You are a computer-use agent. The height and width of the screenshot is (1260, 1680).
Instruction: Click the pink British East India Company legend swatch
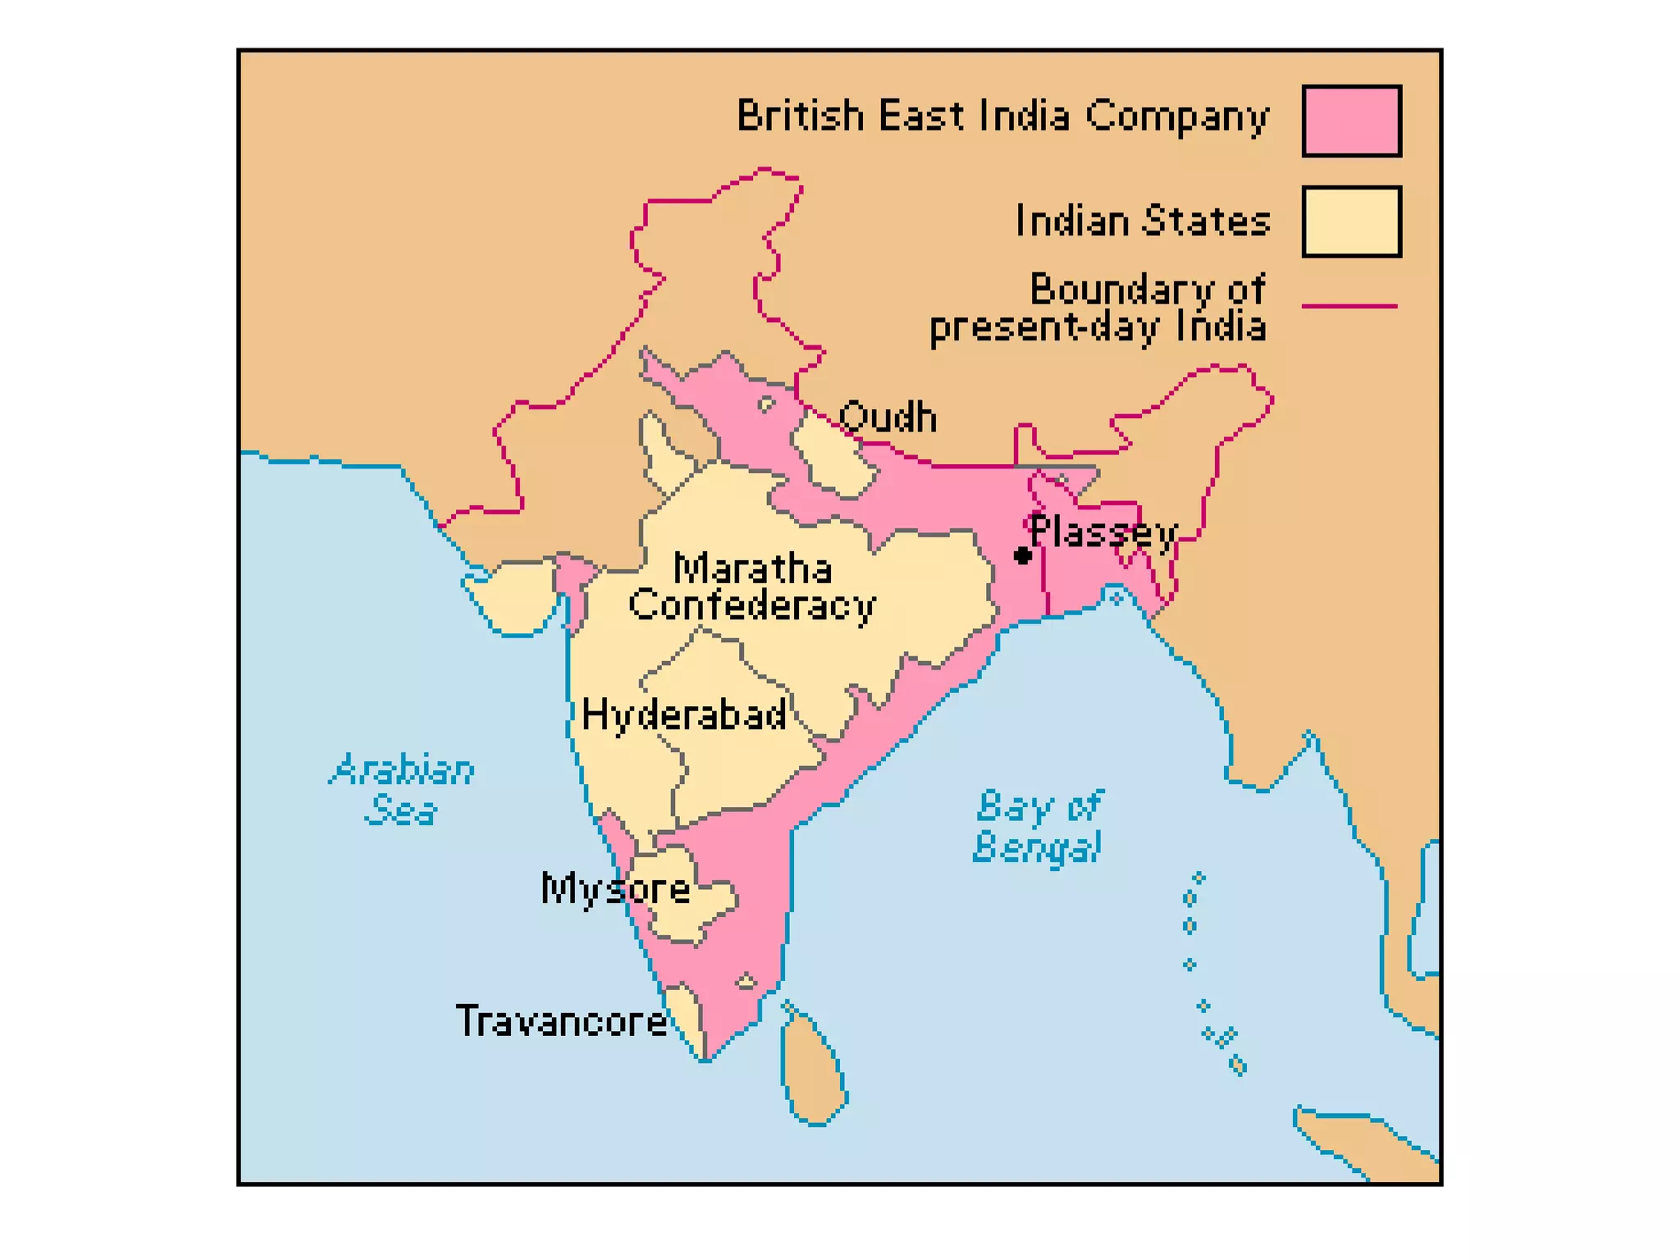[1351, 121]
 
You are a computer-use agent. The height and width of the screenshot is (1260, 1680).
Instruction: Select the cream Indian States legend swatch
[1351, 221]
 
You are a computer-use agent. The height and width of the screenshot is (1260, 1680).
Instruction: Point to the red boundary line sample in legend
[1349, 306]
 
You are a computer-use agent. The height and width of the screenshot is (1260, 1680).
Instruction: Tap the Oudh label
[888, 418]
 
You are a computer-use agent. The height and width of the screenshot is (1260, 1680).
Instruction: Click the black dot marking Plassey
[1022, 555]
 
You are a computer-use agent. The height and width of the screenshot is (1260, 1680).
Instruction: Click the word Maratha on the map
[752, 568]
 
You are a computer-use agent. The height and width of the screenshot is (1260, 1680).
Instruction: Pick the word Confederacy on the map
[752, 605]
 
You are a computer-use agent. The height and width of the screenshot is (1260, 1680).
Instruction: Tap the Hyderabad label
[684, 715]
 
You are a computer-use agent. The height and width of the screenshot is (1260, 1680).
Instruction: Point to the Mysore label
[615, 888]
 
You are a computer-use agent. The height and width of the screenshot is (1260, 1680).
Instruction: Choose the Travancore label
[561, 1021]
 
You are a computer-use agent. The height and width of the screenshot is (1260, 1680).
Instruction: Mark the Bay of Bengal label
[1039, 826]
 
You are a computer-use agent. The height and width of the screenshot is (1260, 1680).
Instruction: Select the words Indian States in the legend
[1143, 221]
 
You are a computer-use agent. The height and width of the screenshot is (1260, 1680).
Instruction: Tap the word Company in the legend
[1177, 116]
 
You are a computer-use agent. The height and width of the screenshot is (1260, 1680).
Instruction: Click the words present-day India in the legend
[1098, 327]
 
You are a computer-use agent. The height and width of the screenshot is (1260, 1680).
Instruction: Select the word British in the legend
[800, 116]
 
